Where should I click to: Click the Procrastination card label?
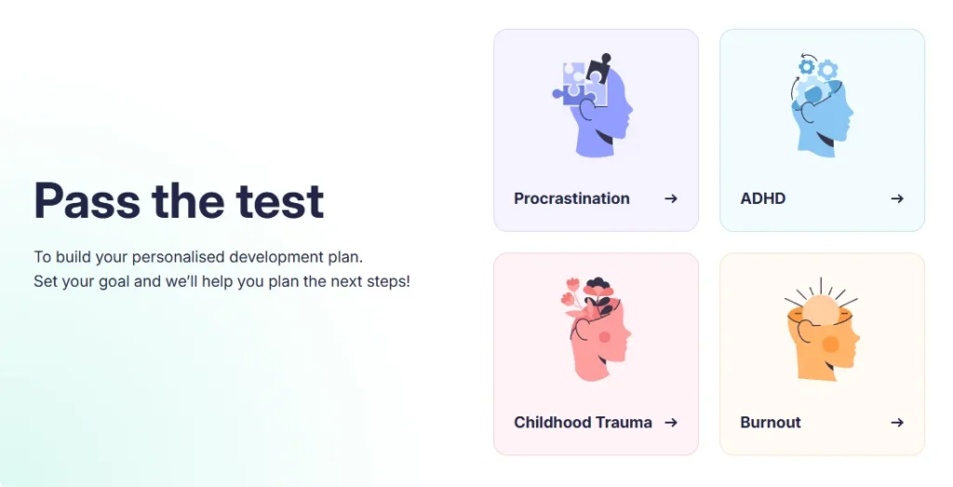(571, 198)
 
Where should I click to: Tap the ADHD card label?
(763, 198)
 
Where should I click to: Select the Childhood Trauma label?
(583, 423)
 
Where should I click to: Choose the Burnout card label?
(770, 423)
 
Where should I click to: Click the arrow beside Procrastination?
(671, 198)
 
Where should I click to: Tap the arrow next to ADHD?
(897, 198)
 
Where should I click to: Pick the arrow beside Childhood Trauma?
(671, 423)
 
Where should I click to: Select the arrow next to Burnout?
(897, 423)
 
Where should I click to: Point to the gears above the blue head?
(818, 67)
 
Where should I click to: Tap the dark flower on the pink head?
(598, 286)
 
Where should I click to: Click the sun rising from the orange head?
(821, 310)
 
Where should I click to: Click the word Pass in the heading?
(87, 200)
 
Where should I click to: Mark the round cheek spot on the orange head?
(831, 345)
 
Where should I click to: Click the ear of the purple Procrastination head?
(587, 111)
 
